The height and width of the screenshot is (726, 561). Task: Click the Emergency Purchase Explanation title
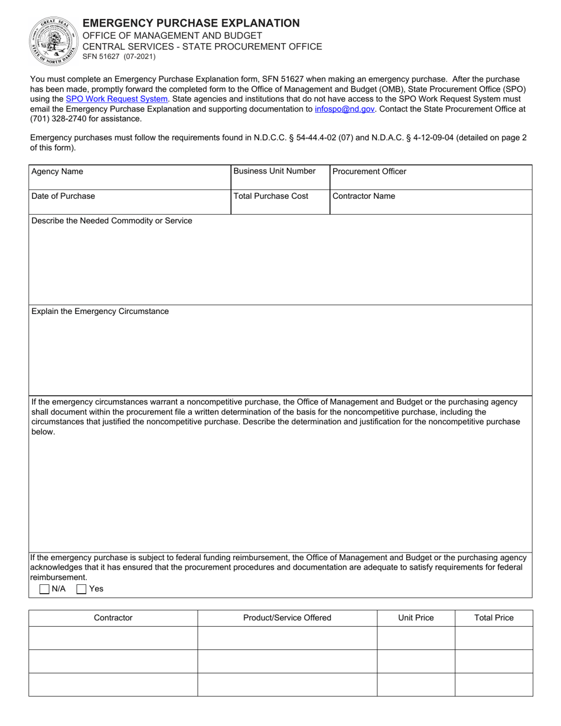pyautogui.click(x=191, y=23)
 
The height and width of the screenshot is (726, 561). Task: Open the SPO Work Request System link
pyautogui.click(x=116, y=99)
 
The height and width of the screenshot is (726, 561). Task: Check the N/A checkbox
pyautogui.click(x=44, y=588)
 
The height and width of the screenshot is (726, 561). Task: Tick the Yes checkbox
pyautogui.click(x=81, y=588)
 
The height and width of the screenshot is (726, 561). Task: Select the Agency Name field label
pyautogui.click(x=57, y=172)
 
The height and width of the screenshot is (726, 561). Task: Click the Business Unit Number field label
pyautogui.click(x=275, y=171)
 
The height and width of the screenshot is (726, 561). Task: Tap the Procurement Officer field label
pyautogui.click(x=370, y=172)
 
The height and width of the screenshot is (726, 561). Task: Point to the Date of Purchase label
pyautogui.click(x=63, y=196)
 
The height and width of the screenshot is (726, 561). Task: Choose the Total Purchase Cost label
pyautogui.click(x=271, y=196)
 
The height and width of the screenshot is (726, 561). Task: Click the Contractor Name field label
pyautogui.click(x=364, y=196)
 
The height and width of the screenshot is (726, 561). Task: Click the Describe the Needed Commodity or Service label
pyautogui.click(x=112, y=221)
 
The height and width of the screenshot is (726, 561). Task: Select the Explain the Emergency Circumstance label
pyautogui.click(x=100, y=311)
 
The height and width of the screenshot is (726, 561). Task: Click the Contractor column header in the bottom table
pyautogui.click(x=113, y=618)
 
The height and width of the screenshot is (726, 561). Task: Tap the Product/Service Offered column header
pyautogui.click(x=287, y=618)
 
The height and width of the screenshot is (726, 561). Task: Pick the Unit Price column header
pyautogui.click(x=416, y=618)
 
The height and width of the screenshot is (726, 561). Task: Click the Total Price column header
pyautogui.click(x=494, y=618)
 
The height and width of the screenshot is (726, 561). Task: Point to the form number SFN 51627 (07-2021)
pyautogui.click(x=119, y=57)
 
